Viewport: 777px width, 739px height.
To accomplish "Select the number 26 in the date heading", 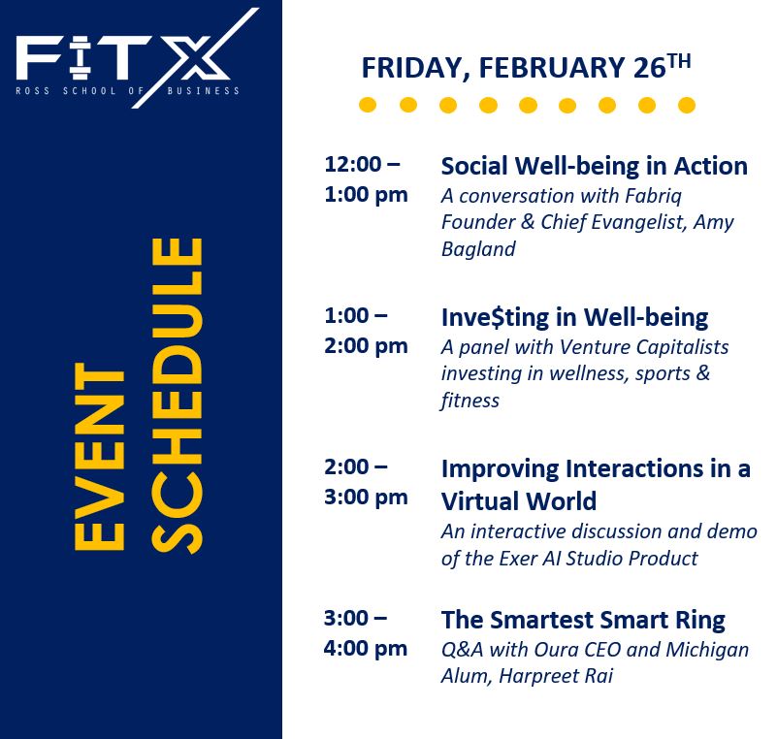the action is [649, 67].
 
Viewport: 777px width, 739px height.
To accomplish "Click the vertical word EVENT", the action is [99, 456].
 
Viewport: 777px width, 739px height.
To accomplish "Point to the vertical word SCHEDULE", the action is [177, 396].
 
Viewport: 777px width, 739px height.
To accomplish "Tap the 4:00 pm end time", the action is [366, 649].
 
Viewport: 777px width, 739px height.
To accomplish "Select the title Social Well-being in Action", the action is [594, 166].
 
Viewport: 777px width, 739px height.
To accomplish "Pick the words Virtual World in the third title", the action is [519, 500].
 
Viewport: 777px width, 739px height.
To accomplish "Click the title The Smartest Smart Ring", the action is [583, 620].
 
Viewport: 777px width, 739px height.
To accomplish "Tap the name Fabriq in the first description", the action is [653, 196].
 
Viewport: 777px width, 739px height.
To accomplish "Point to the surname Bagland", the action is [478, 249].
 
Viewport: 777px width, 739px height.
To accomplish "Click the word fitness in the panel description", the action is [469, 401].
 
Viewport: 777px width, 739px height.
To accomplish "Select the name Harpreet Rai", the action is [556, 676].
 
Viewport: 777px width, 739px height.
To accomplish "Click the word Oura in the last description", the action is [559, 650].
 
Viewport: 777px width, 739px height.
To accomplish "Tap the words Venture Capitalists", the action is [644, 347].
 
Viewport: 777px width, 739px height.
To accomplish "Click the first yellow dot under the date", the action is [368, 105].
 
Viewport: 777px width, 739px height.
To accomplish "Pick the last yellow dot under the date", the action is [687, 105].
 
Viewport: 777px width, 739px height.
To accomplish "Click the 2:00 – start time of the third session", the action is [356, 467].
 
